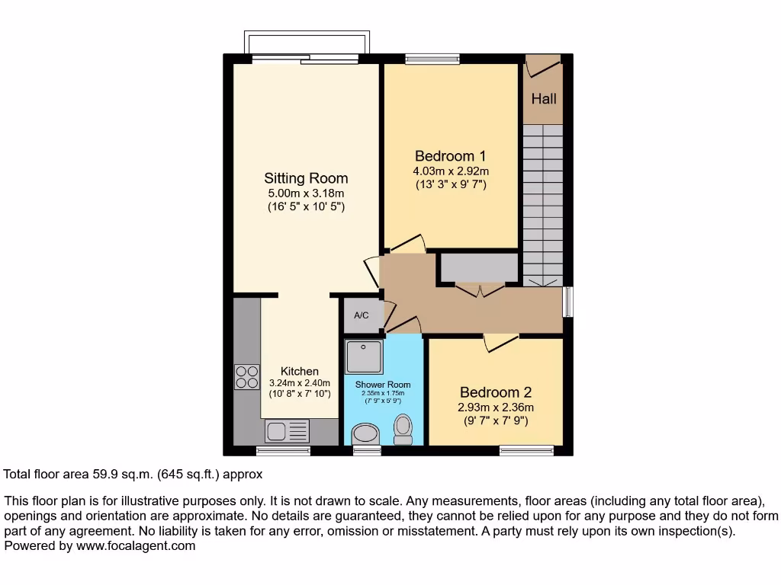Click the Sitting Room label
[x=306, y=178]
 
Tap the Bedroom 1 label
[x=451, y=155]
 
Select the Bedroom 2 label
[x=494, y=392]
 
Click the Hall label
[x=544, y=98]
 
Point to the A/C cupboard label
[x=362, y=315]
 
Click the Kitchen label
[x=300, y=371]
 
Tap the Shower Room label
[x=383, y=385]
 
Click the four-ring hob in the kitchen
[x=247, y=376]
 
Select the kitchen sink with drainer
[x=287, y=431]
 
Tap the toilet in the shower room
[x=403, y=430]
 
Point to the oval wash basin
[x=367, y=435]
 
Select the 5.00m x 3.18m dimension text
[x=306, y=193]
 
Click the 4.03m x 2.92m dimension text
[x=451, y=171]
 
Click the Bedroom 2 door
[x=501, y=342]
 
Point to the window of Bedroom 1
[x=432, y=59]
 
